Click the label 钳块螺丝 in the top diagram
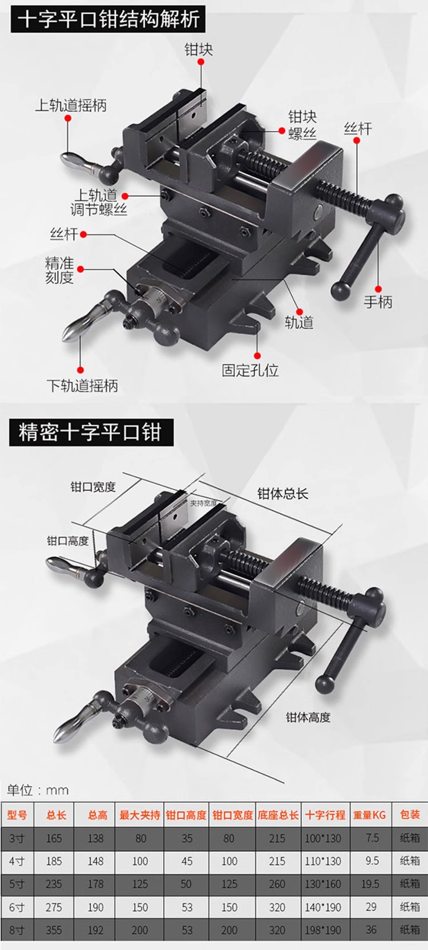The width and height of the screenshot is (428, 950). point(302,125)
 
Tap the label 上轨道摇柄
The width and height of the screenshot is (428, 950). point(71,105)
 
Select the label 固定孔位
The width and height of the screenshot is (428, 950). point(250,371)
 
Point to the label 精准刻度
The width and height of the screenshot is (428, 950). point(59,270)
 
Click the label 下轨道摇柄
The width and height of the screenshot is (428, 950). point(82,386)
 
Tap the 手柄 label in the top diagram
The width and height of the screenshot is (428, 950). point(378,302)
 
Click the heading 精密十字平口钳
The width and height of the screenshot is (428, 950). point(90,432)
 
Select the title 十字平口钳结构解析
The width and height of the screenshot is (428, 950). point(109,20)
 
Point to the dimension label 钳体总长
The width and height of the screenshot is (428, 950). point(282,494)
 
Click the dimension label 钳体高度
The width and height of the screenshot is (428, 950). point(308,717)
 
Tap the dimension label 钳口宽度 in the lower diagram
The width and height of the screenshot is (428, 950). point(93,487)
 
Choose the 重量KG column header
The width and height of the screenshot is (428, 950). point(369,815)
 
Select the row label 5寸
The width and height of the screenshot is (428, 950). point(17,884)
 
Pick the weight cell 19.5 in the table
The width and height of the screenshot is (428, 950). point(370,884)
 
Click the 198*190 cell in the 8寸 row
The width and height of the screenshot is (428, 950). point(323,929)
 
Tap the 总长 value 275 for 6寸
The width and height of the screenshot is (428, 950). point(54,907)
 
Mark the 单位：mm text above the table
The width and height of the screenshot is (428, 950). point(38,790)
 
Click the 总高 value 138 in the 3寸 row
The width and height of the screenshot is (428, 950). point(96,838)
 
